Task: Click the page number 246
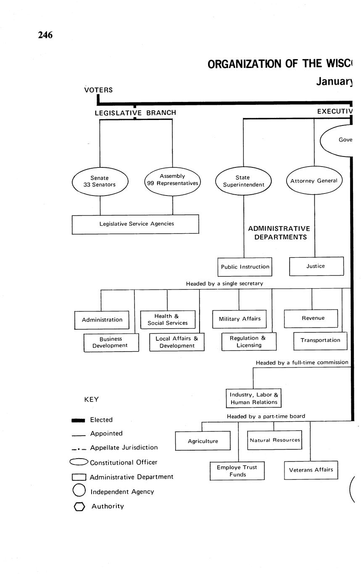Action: pyautogui.click(x=45, y=35)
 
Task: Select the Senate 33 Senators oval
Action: pyautogui.click(x=100, y=181)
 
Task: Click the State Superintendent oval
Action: pyautogui.click(x=243, y=181)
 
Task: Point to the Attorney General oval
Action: pyautogui.click(x=314, y=181)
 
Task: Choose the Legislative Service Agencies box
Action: pyautogui.click(x=135, y=224)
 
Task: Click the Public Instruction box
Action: pyautogui.click(x=245, y=267)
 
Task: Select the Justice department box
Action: pyautogui.click(x=316, y=266)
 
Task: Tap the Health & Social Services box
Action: pyautogui.click(x=168, y=320)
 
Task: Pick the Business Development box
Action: pyautogui.click(x=111, y=342)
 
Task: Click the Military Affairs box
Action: pyautogui.click(x=240, y=319)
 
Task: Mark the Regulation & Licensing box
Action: pyautogui.click(x=249, y=342)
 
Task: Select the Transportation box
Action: pyautogui.click(x=320, y=340)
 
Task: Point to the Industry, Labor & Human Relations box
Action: pyautogui.click(x=253, y=398)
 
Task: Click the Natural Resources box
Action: pyautogui.click(x=274, y=440)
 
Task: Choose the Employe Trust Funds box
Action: pyautogui.click(x=237, y=471)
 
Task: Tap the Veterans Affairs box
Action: pyautogui.click(x=311, y=470)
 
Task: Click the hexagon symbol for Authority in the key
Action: pyautogui.click(x=79, y=506)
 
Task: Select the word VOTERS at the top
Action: pyautogui.click(x=98, y=90)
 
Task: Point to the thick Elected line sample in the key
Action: pyautogui.click(x=79, y=420)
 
